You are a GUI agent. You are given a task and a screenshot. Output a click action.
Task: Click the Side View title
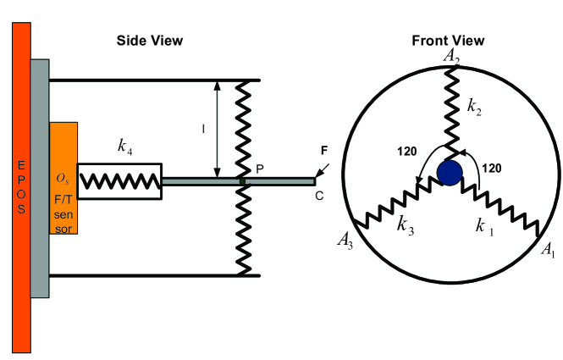coord(148,41)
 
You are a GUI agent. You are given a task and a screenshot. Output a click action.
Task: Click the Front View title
coord(448,41)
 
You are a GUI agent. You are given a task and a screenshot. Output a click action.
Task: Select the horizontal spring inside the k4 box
coord(119,180)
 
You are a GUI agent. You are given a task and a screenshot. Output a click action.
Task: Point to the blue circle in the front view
coord(450,173)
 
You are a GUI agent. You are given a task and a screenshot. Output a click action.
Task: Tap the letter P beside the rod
coord(260,169)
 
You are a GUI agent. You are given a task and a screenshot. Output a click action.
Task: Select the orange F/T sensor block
coord(63,178)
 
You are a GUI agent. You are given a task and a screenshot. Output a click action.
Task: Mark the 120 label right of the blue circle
coord(491,169)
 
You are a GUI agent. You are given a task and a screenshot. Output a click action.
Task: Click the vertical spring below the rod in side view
coord(244,229)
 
